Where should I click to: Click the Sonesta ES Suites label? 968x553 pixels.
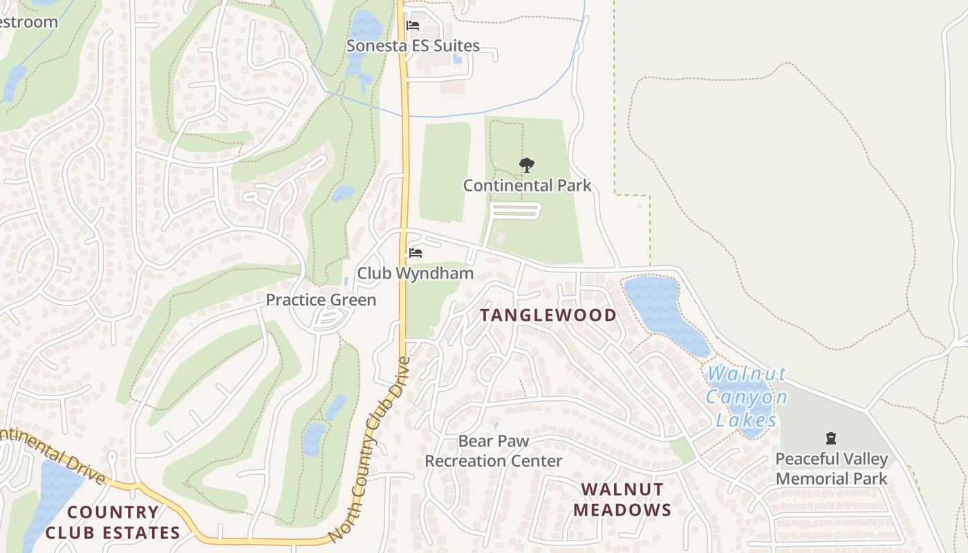413,46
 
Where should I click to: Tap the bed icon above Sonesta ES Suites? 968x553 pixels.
413,26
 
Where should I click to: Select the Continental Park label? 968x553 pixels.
527,185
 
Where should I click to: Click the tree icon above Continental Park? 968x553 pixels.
527,165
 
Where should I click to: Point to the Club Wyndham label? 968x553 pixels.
415,274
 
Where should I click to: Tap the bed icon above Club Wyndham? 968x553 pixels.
416,253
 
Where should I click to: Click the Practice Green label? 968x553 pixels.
321,300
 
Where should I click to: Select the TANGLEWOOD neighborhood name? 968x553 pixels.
548,315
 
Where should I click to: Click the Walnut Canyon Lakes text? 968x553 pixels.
747,397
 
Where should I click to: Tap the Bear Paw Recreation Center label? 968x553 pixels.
494,451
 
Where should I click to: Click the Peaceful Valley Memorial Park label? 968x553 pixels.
831,469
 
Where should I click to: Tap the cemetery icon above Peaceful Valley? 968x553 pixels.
831,438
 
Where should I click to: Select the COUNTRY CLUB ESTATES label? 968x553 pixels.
113,523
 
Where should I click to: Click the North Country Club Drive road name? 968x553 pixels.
370,449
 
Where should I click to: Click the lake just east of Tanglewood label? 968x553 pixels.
664,311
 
